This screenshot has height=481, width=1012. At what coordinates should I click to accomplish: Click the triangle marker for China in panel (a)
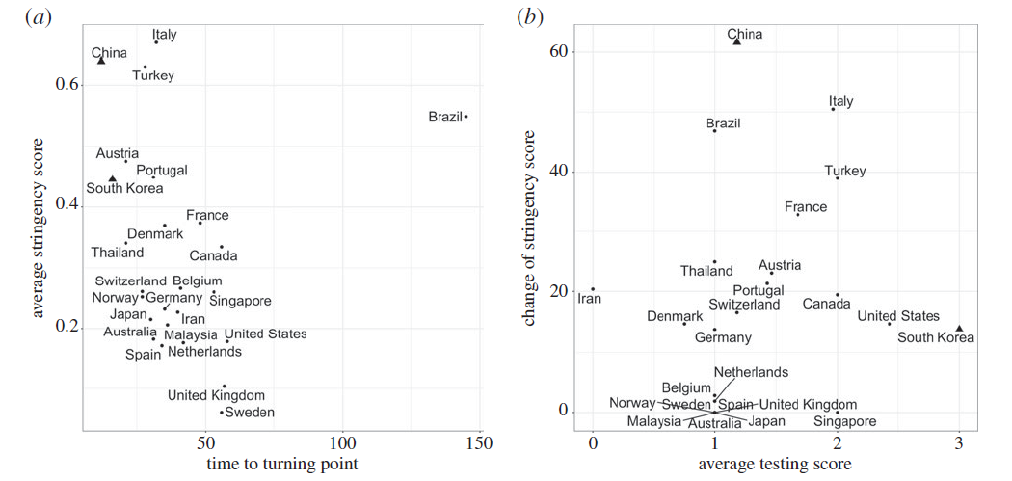coord(101,60)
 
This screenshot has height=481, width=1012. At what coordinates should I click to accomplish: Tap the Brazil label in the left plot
coord(445,118)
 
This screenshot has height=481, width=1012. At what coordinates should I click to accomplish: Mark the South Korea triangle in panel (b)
coord(958,329)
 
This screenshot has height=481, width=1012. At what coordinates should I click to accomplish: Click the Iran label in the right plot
coord(590,299)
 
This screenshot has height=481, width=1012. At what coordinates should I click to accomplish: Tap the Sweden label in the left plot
coord(250,413)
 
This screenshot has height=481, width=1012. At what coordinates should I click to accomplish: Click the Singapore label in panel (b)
coord(844,421)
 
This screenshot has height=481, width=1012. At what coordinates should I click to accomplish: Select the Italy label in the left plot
coord(165,35)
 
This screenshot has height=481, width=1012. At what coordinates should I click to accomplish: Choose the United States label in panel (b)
coord(898,316)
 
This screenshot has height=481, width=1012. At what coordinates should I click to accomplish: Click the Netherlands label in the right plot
coord(751,372)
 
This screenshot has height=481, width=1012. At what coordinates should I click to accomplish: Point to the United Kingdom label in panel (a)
coord(216,395)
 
